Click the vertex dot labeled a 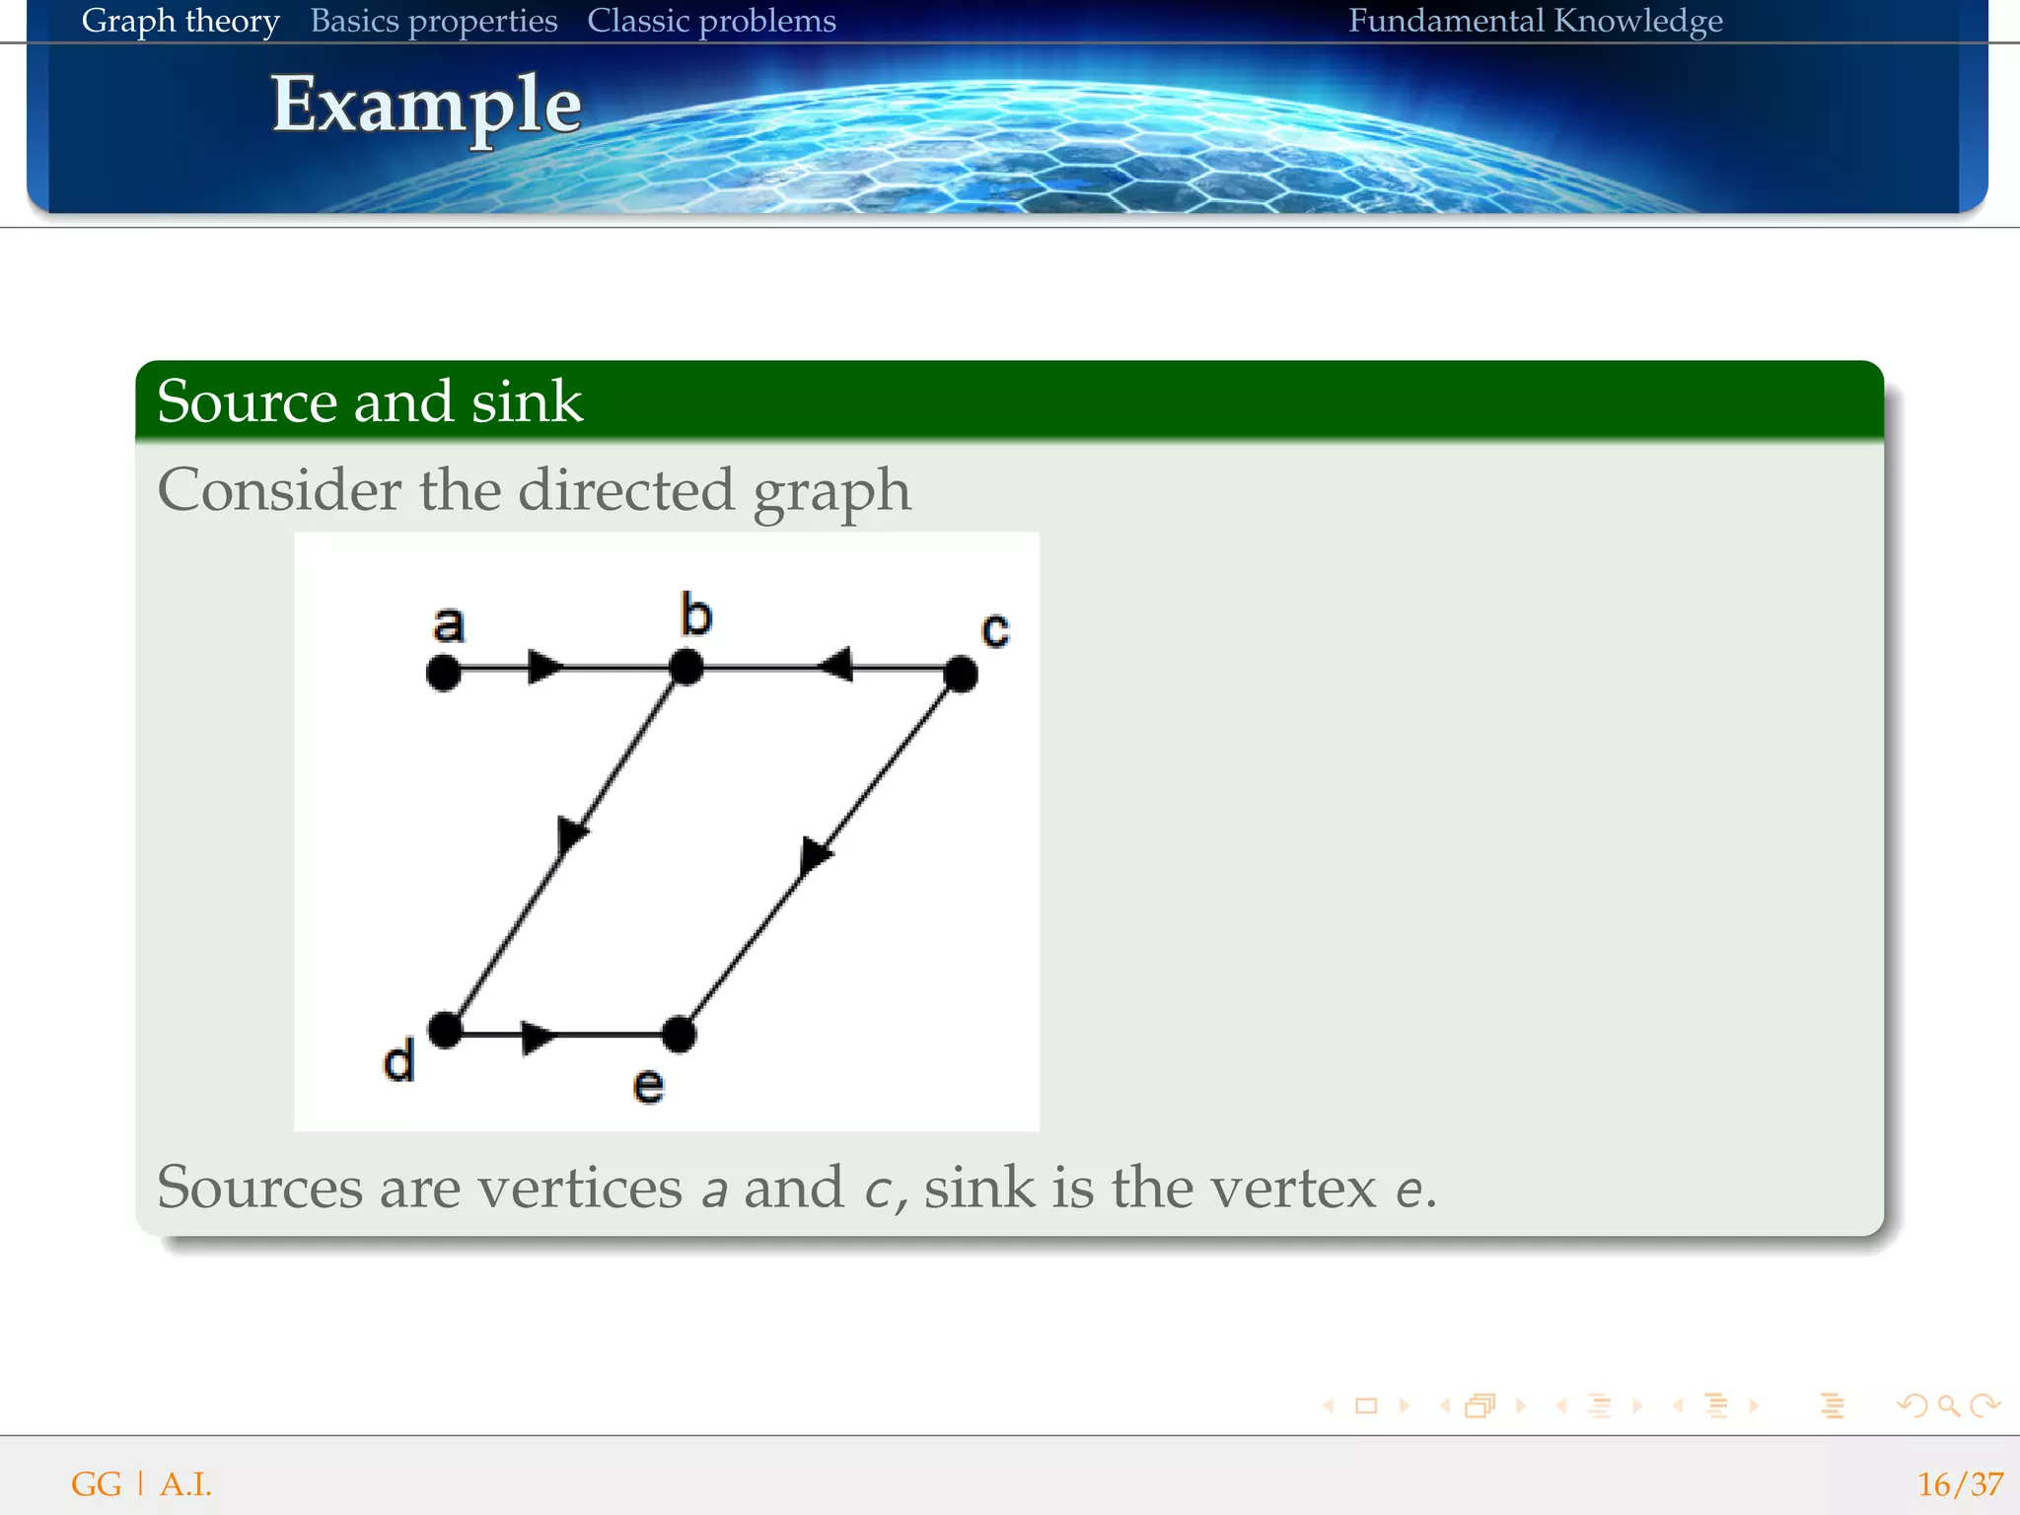tap(444, 674)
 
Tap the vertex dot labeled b tap(685, 668)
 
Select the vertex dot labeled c tap(961, 675)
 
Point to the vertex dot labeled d tap(446, 1030)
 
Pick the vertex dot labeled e tap(679, 1035)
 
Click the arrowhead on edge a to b tap(544, 668)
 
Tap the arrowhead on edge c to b tap(836, 665)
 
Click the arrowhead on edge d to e tap(538, 1037)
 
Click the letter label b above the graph tap(695, 615)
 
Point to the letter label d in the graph tap(398, 1062)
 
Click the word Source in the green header tap(247, 401)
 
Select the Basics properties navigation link tap(434, 21)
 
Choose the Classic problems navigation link tap(711, 21)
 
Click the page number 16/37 tap(1960, 1484)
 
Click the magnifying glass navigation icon tap(1948, 1406)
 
